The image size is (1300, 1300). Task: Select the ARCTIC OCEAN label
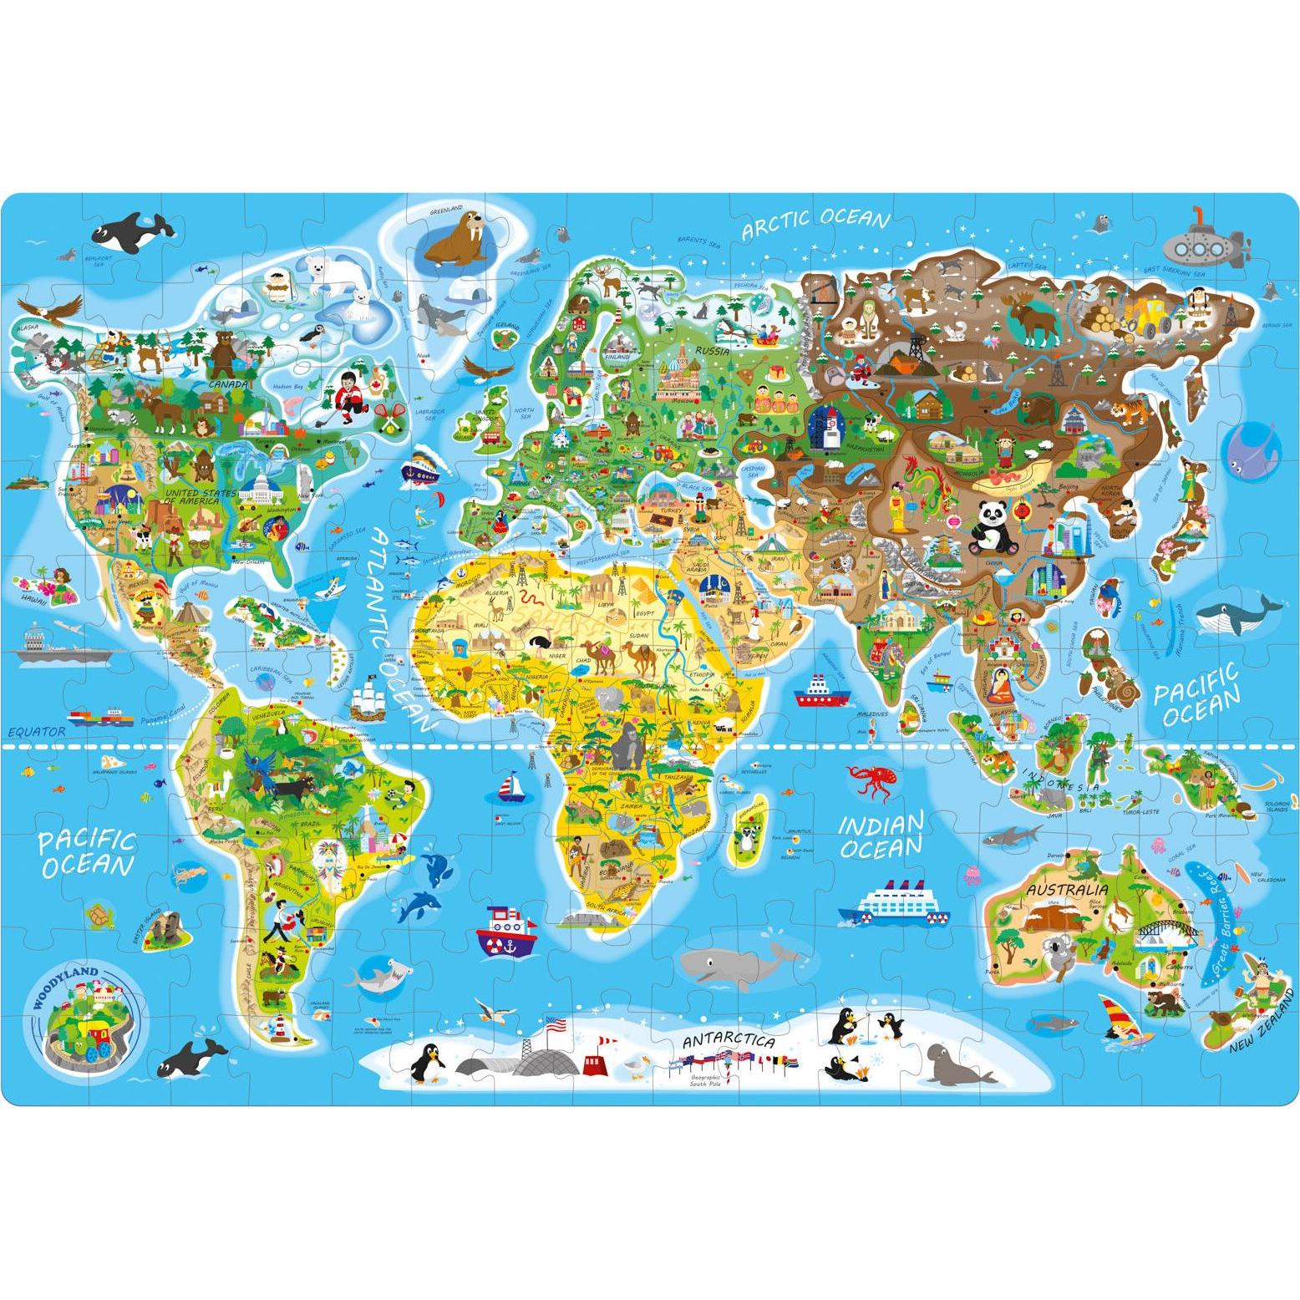point(815,222)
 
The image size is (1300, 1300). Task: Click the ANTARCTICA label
point(728,1043)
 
